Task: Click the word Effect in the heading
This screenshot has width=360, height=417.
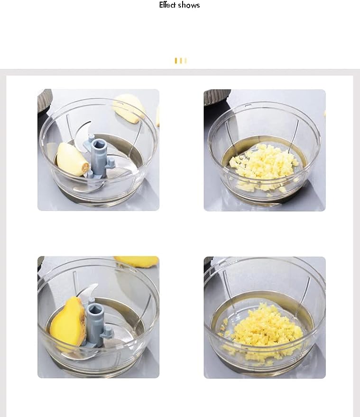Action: pos(167,5)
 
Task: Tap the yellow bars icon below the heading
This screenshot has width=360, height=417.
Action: pos(181,61)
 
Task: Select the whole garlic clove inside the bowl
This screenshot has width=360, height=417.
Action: pos(72,159)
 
